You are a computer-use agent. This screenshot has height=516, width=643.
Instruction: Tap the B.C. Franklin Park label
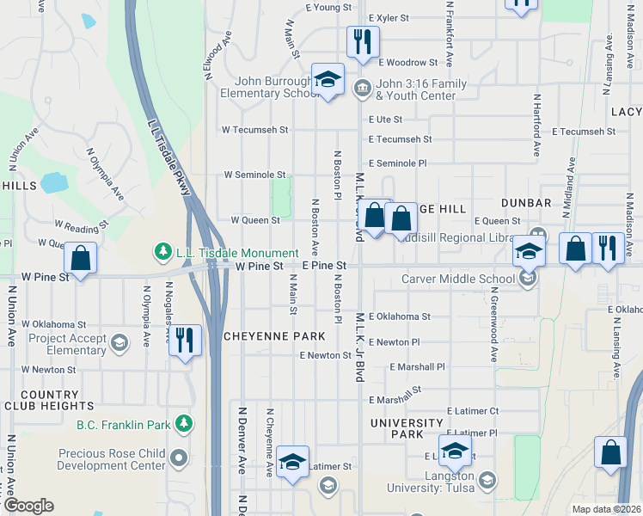(x=125, y=424)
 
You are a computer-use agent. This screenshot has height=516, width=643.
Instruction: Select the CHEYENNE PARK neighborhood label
(x=273, y=335)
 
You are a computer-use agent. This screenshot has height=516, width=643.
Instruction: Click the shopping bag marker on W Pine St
(x=80, y=258)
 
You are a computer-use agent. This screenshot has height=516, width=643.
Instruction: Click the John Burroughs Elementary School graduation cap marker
(x=327, y=81)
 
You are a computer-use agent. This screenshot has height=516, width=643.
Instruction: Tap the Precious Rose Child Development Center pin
(x=179, y=457)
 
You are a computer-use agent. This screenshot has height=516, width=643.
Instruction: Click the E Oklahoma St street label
(x=399, y=316)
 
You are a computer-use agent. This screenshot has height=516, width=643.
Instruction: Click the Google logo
(x=28, y=505)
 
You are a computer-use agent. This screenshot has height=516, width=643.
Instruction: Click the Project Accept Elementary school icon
(x=119, y=343)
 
